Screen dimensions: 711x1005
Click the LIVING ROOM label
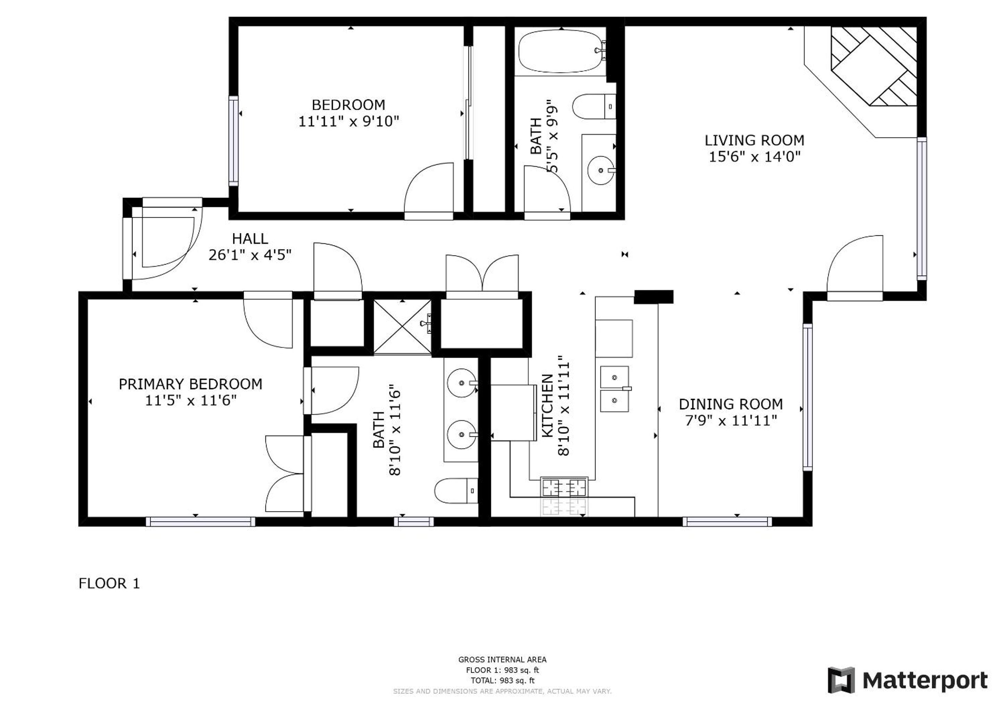coord(754,141)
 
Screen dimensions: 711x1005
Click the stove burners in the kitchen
coord(564,486)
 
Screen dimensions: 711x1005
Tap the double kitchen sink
coord(614,389)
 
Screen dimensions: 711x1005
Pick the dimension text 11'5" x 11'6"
coord(191,400)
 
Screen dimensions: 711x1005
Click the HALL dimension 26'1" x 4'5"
coord(250,255)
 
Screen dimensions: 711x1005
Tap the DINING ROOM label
coord(730,404)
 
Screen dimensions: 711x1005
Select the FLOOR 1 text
coord(109,584)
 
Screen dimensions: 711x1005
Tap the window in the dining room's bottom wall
coord(727,521)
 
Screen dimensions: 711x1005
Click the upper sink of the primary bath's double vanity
coord(462,383)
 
